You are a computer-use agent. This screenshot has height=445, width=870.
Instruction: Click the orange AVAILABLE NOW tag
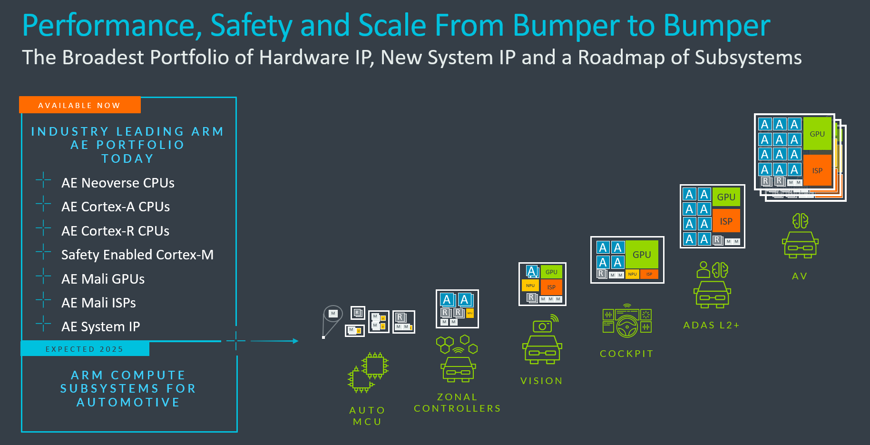[x=79, y=105]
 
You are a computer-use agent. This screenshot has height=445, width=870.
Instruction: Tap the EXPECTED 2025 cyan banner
[x=85, y=349]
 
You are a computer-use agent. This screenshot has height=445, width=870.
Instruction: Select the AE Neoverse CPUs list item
[x=117, y=183]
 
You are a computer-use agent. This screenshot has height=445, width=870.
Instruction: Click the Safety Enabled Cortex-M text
[x=137, y=255]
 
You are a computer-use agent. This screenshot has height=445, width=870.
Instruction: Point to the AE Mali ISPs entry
[x=98, y=303]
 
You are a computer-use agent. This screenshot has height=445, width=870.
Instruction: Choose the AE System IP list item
[x=100, y=326]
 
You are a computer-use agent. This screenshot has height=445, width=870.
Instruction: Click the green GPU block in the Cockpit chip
[x=642, y=255]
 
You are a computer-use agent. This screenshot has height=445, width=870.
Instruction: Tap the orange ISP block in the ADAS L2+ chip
[x=726, y=221]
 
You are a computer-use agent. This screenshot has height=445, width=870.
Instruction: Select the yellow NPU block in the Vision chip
[x=530, y=286]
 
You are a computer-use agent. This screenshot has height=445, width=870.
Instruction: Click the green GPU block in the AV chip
[x=817, y=134]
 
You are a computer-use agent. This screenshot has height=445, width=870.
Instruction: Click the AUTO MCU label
[x=367, y=415]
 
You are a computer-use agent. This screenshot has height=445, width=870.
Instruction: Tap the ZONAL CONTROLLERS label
[x=457, y=403]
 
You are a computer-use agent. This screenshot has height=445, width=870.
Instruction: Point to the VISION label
[x=541, y=381]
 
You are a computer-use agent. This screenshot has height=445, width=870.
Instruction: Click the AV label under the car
[x=800, y=276]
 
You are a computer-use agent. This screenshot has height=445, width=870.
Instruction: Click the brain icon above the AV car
[x=800, y=221]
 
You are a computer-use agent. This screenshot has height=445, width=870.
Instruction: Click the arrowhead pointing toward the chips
[x=295, y=341]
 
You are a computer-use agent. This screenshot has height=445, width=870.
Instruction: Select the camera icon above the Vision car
[x=543, y=326]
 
